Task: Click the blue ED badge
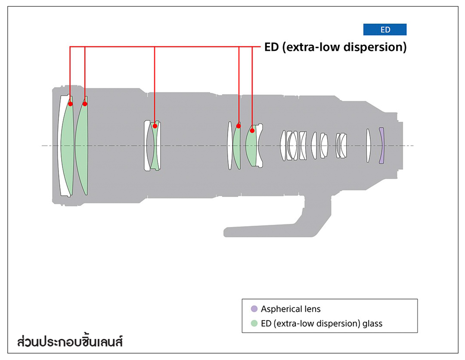pyautogui.click(x=385, y=30)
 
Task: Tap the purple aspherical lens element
pyautogui.click(x=381, y=146)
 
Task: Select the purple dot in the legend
pyautogui.click(x=254, y=309)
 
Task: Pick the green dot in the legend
pyautogui.click(x=254, y=323)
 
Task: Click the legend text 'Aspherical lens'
pyautogui.click(x=291, y=309)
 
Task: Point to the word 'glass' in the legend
pyautogui.click(x=372, y=323)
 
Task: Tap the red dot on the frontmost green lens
pyautogui.click(x=70, y=104)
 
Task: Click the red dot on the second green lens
pyautogui.click(x=85, y=104)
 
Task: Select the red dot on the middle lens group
pyautogui.click(x=155, y=126)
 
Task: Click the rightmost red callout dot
pyautogui.click(x=252, y=130)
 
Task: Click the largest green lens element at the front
pyautogui.click(x=67, y=146)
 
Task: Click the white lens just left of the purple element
pyautogui.click(x=368, y=146)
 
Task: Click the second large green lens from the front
pyautogui.click(x=82, y=146)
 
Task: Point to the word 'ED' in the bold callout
pyautogui.click(x=271, y=47)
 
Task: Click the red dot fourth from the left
pyautogui.click(x=239, y=126)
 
